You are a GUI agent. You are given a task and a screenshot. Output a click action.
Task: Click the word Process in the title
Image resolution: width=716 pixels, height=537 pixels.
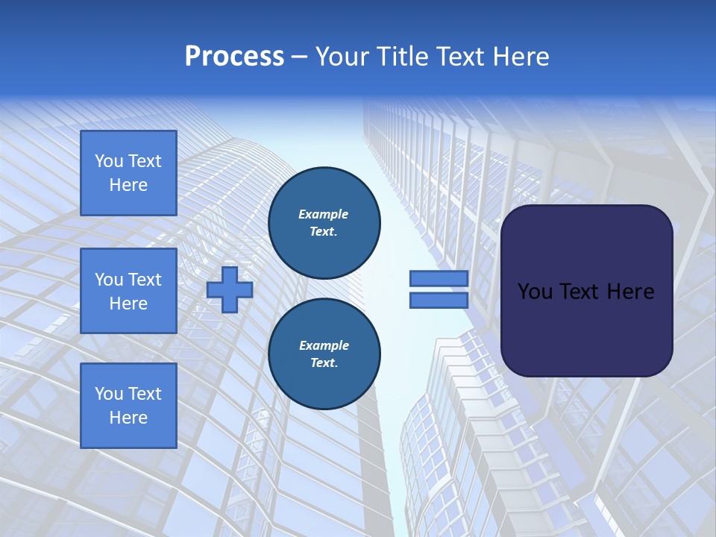click(x=234, y=57)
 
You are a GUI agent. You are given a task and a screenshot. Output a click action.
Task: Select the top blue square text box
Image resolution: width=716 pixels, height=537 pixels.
click(x=128, y=173)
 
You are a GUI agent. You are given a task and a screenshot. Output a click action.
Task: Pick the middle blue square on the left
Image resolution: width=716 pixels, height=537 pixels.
click(x=128, y=291)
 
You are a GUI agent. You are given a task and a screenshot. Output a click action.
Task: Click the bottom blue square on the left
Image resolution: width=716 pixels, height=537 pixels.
click(x=128, y=406)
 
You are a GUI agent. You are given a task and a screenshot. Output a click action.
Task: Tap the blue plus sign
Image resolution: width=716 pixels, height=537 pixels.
click(x=230, y=289)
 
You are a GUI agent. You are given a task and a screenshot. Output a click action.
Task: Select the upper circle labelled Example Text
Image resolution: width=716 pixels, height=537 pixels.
click(x=324, y=222)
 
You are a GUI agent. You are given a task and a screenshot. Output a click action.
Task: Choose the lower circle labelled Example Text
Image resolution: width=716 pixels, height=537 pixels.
click(x=324, y=354)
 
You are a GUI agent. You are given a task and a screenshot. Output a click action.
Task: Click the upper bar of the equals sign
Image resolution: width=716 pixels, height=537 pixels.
click(x=439, y=279)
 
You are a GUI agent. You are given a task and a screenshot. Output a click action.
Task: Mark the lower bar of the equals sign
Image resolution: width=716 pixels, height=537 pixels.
click(x=439, y=301)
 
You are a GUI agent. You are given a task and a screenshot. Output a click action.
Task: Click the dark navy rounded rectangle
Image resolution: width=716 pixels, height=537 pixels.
click(x=586, y=291)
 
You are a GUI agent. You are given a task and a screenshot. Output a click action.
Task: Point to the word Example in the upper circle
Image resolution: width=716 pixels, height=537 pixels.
click(x=324, y=214)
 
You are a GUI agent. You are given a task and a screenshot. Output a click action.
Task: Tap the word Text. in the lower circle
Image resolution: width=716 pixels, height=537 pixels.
click(x=324, y=363)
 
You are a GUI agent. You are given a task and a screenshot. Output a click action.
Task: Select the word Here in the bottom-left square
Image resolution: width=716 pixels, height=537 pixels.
click(x=128, y=418)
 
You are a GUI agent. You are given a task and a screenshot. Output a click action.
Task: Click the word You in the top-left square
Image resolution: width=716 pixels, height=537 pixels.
click(x=109, y=161)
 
